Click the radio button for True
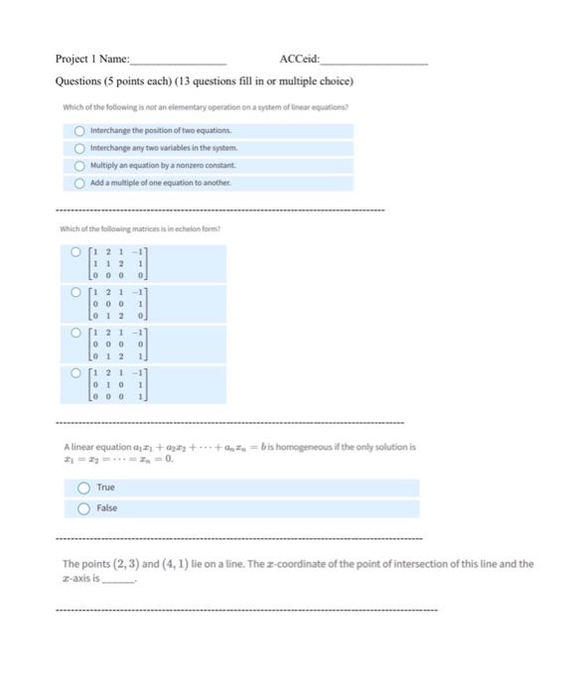[83, 487]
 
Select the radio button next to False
[83, 507]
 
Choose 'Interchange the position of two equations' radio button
[80, 130]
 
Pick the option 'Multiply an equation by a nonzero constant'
[80, 166]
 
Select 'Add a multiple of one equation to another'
[80, 184]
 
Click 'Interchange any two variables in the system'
[80, 148]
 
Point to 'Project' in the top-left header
[72, 58]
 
